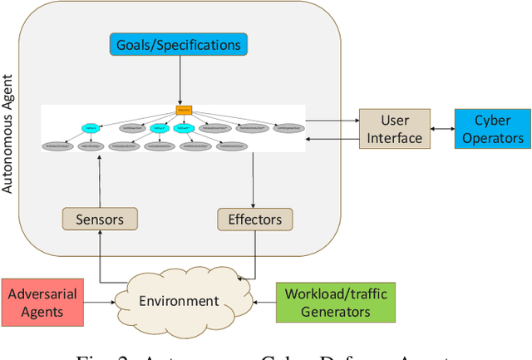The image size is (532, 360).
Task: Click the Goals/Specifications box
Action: pos(179,45)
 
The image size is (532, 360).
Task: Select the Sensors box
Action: pos(99,219)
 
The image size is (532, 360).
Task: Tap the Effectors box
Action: pos(254,219)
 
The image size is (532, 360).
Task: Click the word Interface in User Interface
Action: pos(396,138)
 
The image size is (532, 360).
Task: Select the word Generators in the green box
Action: pos(336,312)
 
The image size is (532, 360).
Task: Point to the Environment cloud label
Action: pos(180,301)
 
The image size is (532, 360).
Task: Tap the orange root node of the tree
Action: pos(184,110)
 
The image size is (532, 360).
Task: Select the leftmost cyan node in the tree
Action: pos(90,128)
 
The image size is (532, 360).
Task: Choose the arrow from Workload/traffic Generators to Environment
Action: pos(262,303)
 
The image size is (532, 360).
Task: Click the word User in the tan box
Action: pos(396,121)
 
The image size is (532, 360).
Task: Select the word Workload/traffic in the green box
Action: pos(336,293)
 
